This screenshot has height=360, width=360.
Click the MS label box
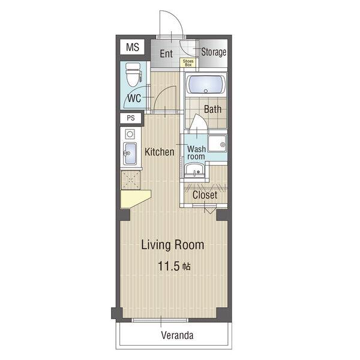(x=132, y=47)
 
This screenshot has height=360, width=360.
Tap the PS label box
(x=131, y=118)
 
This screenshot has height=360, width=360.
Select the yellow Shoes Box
(x=188, y=62)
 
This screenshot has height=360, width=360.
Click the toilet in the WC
(x=134, y=74)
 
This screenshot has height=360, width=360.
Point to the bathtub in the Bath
(x=206, y=84)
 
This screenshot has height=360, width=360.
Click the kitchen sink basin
(x=130, y=154)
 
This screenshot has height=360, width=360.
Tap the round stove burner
(x=130, y=134)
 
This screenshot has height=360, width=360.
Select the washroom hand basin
(x=194, y=170)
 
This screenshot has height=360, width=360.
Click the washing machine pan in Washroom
(x=217, y=144)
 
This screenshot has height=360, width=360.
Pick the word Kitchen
(x=160, y=152)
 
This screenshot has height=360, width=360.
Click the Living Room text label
(x=173, y=245)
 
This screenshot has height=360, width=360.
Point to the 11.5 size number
(x=168, y=266)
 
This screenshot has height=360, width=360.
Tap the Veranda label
(x=177, y=335)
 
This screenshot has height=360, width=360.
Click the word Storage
(x=214, y=52)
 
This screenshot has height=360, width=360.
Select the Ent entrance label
(x=166, y=54)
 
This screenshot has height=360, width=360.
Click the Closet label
(x=205, y=195)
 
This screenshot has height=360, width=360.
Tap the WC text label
(x=134, y=98)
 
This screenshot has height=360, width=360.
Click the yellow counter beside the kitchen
(x=135, y=199)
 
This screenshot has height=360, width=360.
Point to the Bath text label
(x=212, y=109)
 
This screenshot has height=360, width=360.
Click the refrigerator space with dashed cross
(x=130, y=180)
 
